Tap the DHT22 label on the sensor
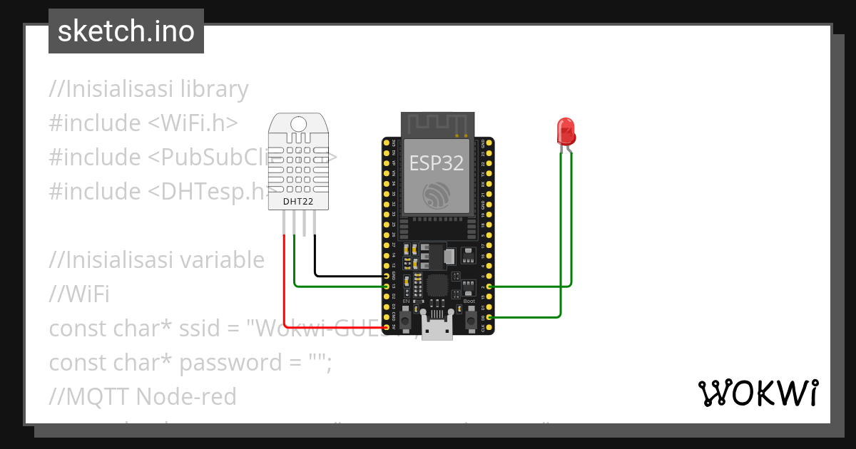[299, 202]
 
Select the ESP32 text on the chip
[437, 163]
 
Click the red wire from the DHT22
[285, 285]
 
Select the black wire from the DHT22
[350, 275]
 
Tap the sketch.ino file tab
[126, 31]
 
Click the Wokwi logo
[757, 393]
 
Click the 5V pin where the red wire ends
[386, 328]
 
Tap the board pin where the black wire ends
[386, 275]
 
